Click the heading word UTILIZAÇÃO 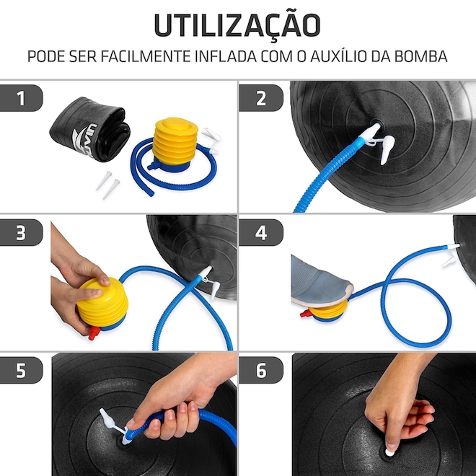[237, 25]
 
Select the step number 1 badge [21, 98]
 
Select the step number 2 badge [261, 98]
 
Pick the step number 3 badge [21, 232]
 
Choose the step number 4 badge [261, 232]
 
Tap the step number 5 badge [21, 370]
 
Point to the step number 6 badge [261, 370]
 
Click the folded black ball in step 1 [90, 129]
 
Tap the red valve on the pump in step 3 [94, 332]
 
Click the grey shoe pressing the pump [320, 281]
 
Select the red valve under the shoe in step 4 [306, 313]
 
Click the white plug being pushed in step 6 [389, 453]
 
